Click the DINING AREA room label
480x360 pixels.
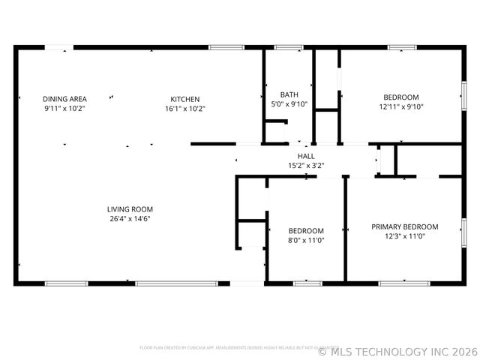[x=64, y=99]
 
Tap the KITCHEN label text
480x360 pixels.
[x=184, y=99]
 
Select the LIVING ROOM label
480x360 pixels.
[x=130, y=209]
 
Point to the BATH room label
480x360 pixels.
[x=289, y=94]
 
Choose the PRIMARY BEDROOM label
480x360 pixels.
[x=404, y=226]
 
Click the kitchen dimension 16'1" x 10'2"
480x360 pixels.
[x=184, y=109]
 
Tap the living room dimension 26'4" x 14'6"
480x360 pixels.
[x=130, y=219]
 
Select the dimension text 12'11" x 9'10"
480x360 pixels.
[x=400, y=106]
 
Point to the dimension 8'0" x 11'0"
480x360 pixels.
[x=306, y=241]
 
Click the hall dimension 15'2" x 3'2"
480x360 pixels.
[x=306, y=166]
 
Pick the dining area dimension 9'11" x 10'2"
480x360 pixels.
[x=64, y=109]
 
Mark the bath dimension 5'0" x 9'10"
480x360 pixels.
[x=289, y=104]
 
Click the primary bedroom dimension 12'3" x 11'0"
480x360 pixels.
[x=404, y=236]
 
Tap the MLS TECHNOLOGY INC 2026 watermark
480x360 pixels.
[x=397, y=350]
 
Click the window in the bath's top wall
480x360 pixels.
[x=289, y=48]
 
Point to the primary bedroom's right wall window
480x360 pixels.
[x=462, y=232]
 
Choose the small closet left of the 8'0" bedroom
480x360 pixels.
[x=252, y=233]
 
